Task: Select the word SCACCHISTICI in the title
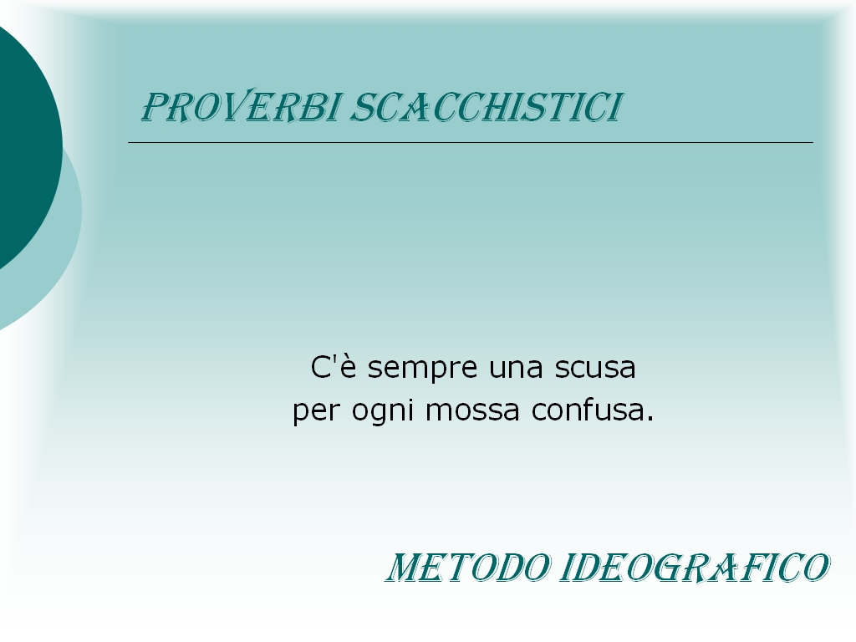click(x=487, y=107)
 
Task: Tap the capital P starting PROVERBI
click(x=155, y=107)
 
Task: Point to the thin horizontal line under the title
click(x=471, y=142)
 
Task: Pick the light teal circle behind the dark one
click(x=60, y=262)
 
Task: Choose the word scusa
click(x=595, y=369)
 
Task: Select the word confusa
click(x=588, y=410)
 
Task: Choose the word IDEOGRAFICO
click(x=695, y=568)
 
